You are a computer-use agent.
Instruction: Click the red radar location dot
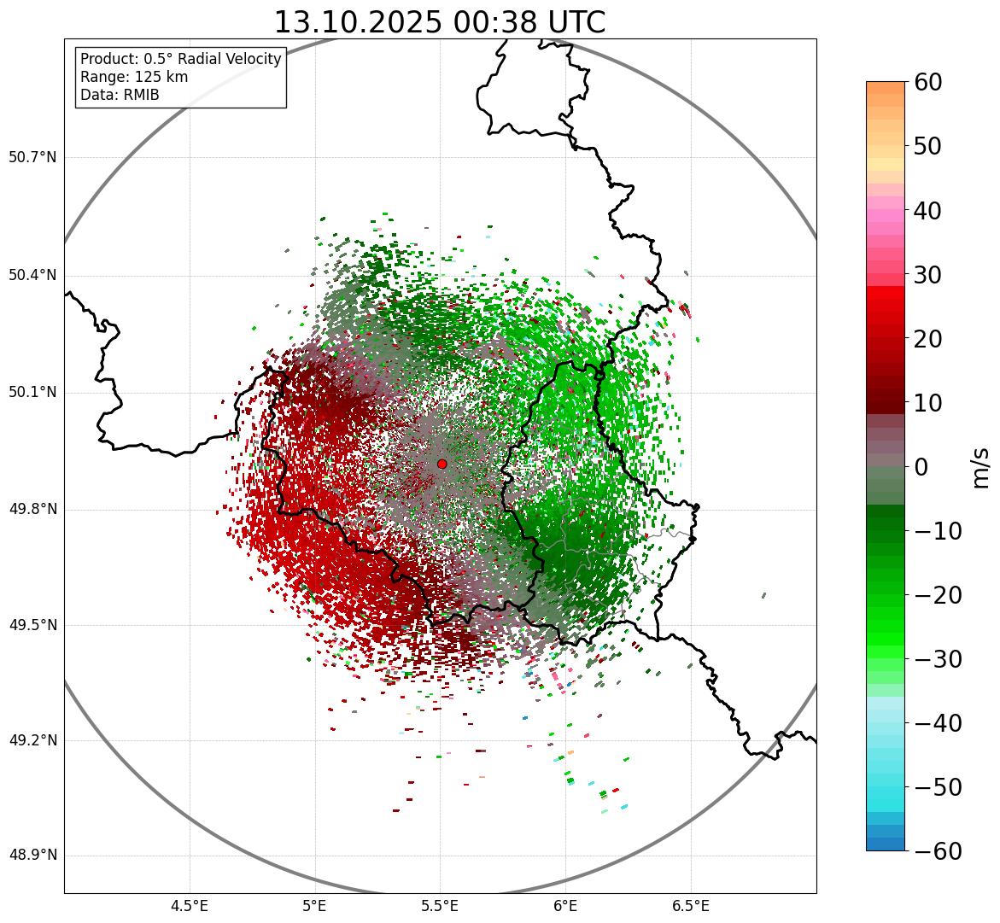442,464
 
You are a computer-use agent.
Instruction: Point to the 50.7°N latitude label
32,158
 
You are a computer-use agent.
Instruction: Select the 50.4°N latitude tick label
32,275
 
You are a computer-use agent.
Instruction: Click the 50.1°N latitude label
32,393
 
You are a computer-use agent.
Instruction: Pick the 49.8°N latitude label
32,510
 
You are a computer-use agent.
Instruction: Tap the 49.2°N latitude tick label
32,740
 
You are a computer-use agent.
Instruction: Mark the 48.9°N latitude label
32,856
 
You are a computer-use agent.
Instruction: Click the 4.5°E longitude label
190,906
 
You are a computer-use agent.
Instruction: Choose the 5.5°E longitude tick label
440,906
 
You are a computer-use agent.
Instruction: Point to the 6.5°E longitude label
690,906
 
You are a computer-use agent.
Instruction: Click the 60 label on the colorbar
927,83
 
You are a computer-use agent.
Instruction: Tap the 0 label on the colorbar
921,467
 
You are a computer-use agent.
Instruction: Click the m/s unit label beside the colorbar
981,467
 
